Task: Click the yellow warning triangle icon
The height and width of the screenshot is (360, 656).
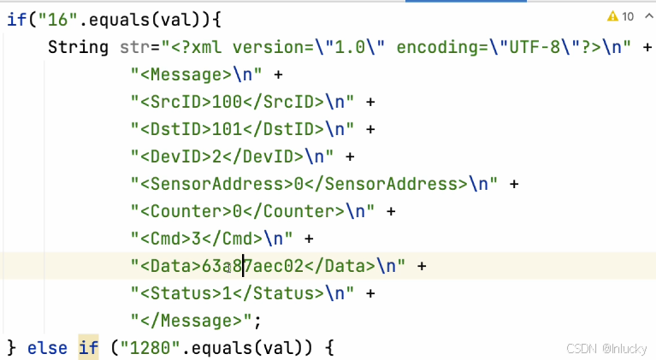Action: tap(612, 16)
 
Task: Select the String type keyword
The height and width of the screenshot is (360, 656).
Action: tap(78, 47)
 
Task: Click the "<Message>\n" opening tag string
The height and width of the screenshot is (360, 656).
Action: tap(198, 74)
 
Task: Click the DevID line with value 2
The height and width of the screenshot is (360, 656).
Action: tap(231, 156)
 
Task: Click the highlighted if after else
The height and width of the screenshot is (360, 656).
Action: tap(88, 347)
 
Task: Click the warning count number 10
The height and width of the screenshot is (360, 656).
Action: tap(628, 16)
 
